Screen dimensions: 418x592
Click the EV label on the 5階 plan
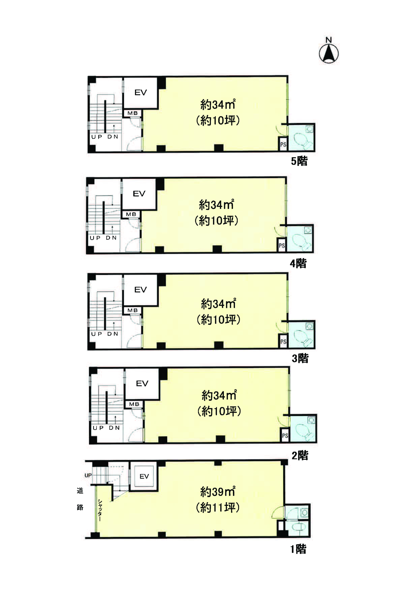(141, 92)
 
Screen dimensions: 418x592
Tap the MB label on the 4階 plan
(131, 214)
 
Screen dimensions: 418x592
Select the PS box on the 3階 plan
(283, 341)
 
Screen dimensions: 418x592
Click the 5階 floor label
(299, 161)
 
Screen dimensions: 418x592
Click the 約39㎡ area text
(218, 492)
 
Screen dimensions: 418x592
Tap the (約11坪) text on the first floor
(218, 508)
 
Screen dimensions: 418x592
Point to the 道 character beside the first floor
(80, 490)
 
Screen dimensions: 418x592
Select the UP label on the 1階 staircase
(88, 475)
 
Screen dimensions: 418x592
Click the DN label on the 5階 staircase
(113, 137)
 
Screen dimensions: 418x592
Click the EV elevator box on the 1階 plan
(144, 476)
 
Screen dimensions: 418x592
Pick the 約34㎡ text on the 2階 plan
(219, 395)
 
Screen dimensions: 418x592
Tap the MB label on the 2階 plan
(134, 404)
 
